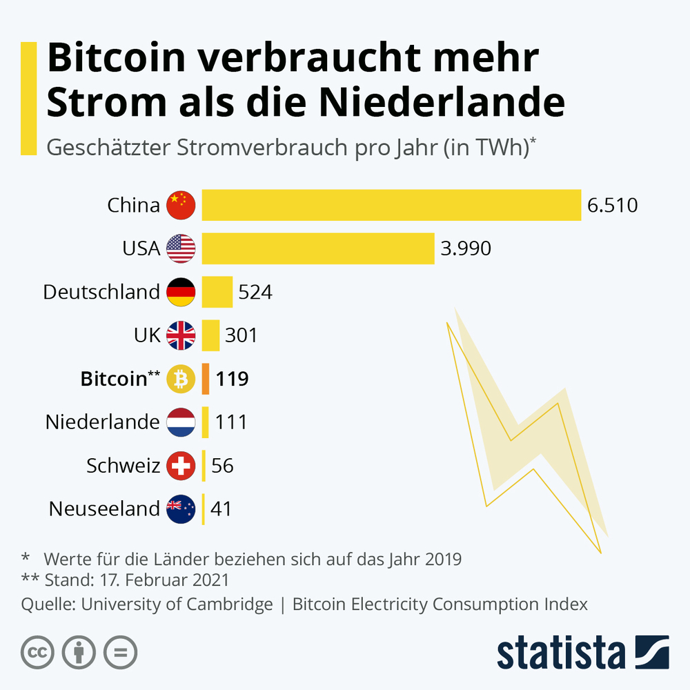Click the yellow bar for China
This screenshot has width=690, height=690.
[x=391, y=205]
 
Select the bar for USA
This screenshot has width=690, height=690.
[x=318, y=248]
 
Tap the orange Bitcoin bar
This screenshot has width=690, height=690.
[x=206, y=379]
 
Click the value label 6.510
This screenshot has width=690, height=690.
[x=612, y=206]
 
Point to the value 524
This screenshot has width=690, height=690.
[x=255, y=292]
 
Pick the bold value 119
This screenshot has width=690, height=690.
[x=232, y=379]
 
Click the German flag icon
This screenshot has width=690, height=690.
[x=181, y=292]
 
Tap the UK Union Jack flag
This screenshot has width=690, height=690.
[x=181, y=335]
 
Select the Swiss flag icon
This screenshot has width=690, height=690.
[x=181, y=466]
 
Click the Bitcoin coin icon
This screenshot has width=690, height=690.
[x=181, y=379]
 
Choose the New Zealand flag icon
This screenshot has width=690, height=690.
[x=181, y=509]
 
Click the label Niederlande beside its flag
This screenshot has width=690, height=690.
[x=103, y=422]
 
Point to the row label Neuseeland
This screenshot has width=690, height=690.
[x=104, y=509]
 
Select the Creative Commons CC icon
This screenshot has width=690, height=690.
[x=38, y=652]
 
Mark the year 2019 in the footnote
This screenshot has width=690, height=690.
[x=439, y=558]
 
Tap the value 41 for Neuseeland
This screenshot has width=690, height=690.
[x=221, y=509]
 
